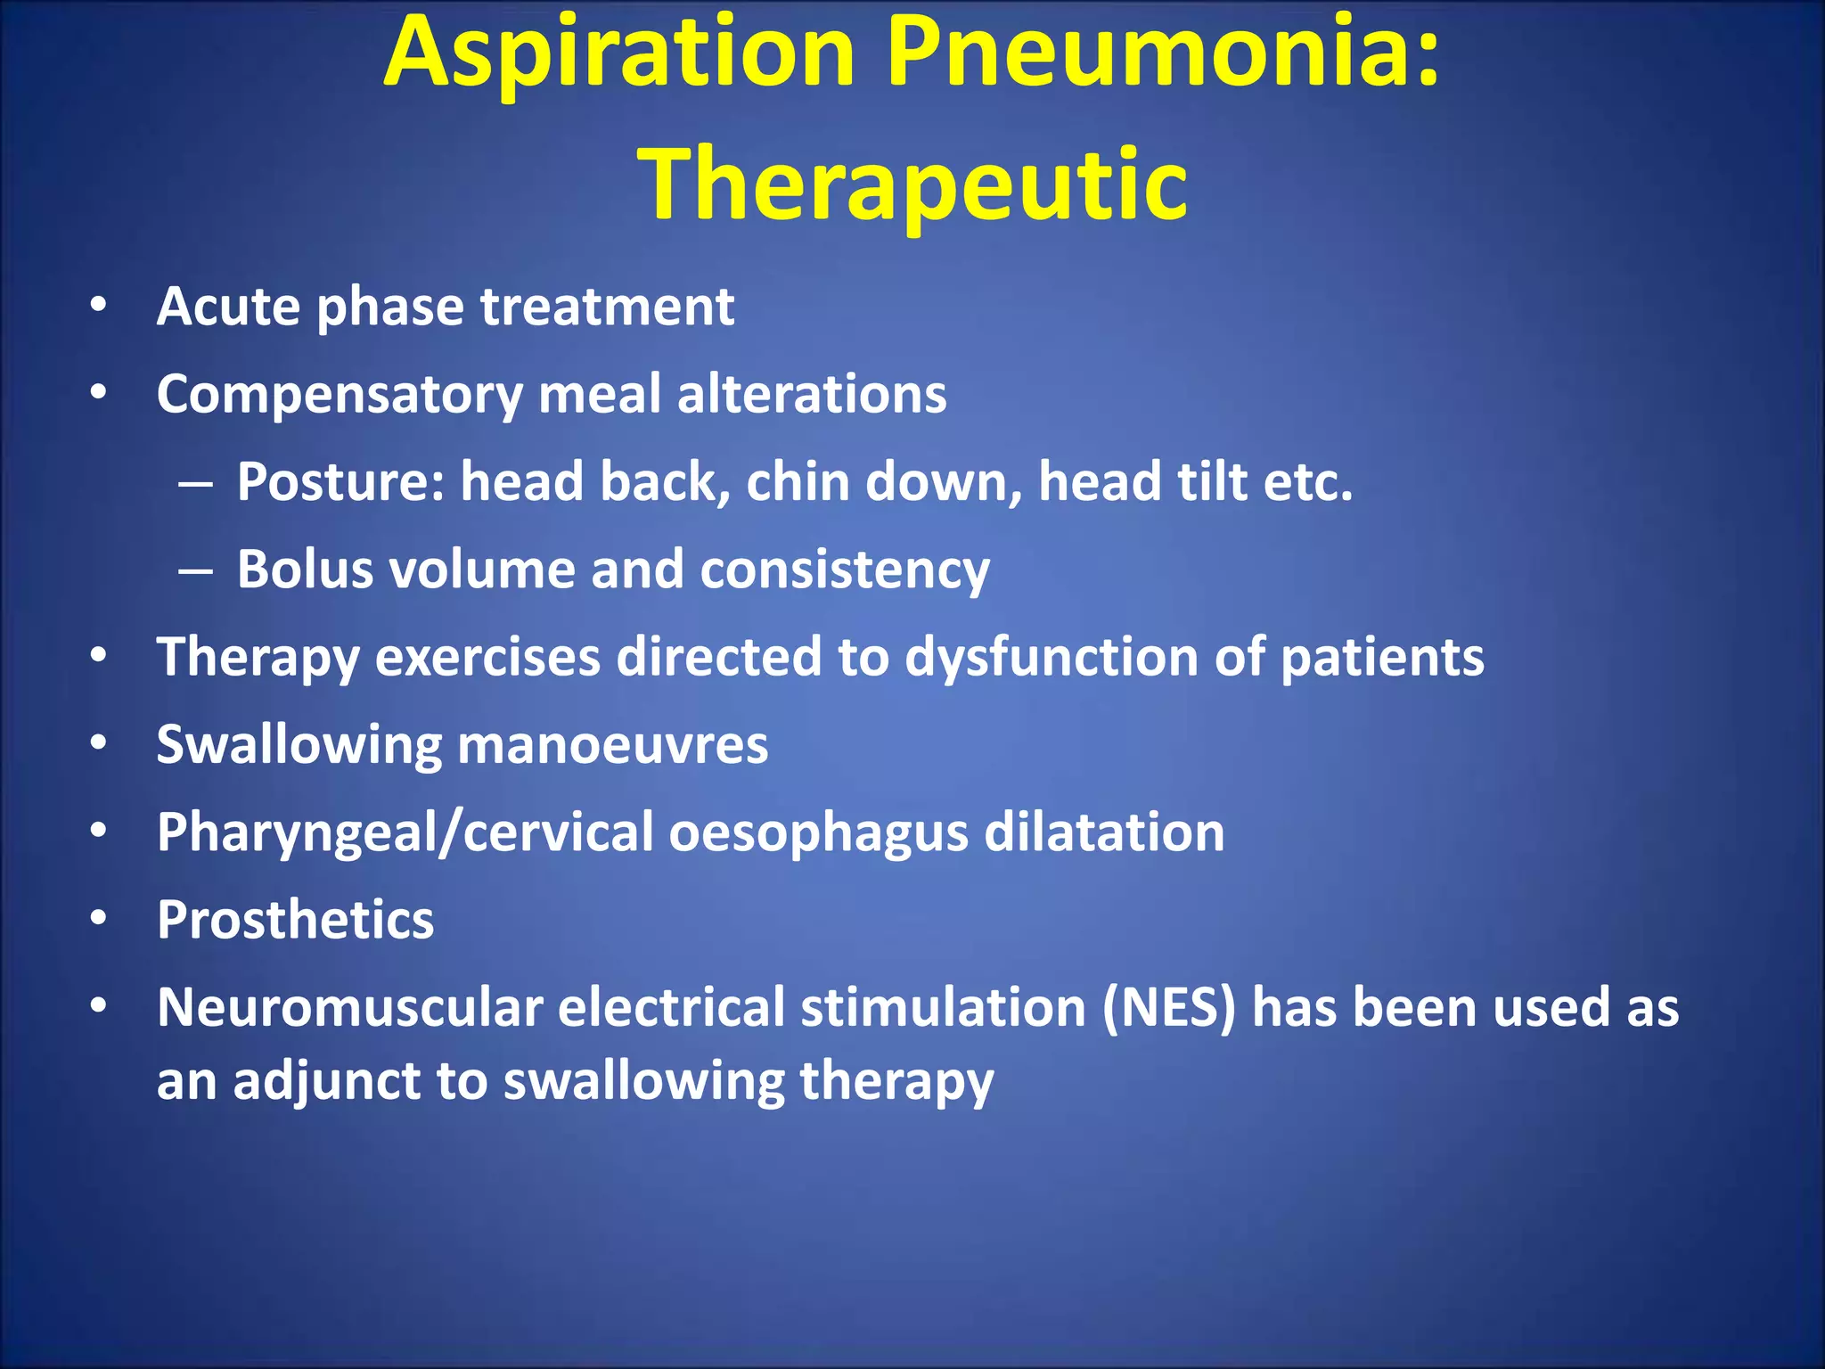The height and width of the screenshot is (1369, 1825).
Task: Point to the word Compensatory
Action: click(340, 394)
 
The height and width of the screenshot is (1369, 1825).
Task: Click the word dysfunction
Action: click(1051, 657)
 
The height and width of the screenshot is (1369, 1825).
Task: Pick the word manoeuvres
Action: click(612, 744)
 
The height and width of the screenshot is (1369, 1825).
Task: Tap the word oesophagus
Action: click(818, 832)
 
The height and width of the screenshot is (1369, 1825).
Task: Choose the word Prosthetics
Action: click(295, 919)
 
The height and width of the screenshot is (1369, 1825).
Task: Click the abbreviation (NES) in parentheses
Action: click(1169, 1007)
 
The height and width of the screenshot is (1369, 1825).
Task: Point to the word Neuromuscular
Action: click(350, 1007)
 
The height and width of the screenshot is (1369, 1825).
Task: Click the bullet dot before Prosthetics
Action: click(98, 918)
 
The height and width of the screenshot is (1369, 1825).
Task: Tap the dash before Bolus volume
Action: click(195, 570)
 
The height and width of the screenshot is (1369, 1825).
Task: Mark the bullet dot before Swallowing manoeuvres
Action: click(98, 742)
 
